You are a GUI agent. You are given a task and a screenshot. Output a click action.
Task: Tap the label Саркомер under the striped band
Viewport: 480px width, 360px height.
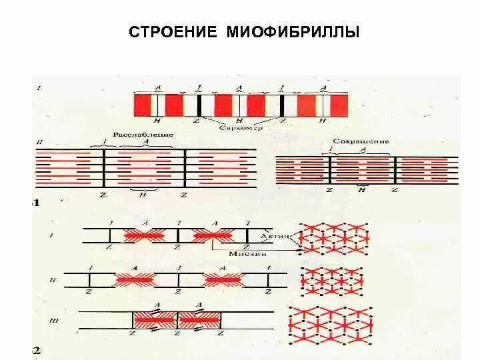pyautogui.click(x=241, y=126)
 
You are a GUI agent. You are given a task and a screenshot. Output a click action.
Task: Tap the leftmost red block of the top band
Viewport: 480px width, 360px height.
pyautogui.click(x=143, y=105)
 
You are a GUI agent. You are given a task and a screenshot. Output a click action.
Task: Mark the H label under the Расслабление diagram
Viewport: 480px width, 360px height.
pyautogui.click(x=143, y=195)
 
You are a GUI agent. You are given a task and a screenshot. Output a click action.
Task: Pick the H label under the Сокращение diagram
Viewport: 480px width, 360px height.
pyautogui.click(x=362, y=191)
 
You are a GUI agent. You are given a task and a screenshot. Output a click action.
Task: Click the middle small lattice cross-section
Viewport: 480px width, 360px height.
pyautogui.click(x=332, y=281)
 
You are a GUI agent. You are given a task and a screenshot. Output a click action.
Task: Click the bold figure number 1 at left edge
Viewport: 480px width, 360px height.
pyautogui.click(x=37, y=202)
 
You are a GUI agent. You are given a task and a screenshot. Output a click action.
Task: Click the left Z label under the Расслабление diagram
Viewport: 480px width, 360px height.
pyautogui.click(x=103, y=195)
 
